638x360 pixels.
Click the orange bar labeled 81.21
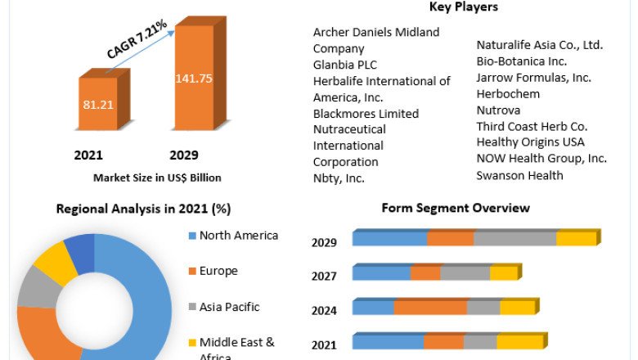pyautogui.click(x=98, y=105)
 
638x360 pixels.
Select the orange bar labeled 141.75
pyautogui.click(x=194, y=79)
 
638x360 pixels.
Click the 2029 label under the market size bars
pyautogui.click(x=183, y=155)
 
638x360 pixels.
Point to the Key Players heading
pyautogui.click(x=464, y=7)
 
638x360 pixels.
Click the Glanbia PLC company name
pyautogui.click(x=345, y=65)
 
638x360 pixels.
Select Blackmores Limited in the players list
pyautogui.click(x=366, y=114)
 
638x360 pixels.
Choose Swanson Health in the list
pyautogui.click(x=520, y=175)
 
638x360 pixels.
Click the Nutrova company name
pyautogui.click(x=499, y=110)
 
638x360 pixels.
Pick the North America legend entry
pyautogui.click(x=238, y=236)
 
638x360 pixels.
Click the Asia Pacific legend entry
pyautogui.click(x=229, y=307)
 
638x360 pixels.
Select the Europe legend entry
pyautogui.click(x=218, y=271)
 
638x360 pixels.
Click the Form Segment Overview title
pyautogui.click(x=456, y=208)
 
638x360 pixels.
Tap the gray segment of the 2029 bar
pyautogui.click(x=514, y=239)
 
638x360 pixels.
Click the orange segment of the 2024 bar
pyautogui.click(x=429, y=308)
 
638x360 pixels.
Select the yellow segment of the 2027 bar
pyautogui.click(x=503, y=273)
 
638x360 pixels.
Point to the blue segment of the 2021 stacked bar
pyautogui.click(x=388, y=342)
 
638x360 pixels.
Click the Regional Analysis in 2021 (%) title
pyautogui.click(x=143, y=209)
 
